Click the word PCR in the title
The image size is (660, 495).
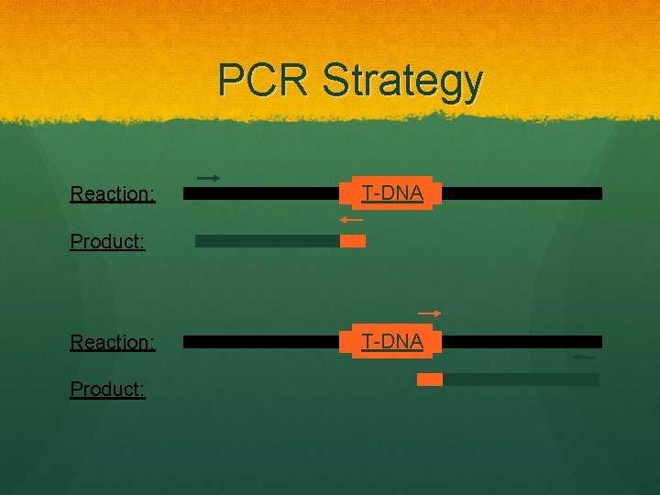click(264, 81)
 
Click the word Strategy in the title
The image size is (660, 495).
click(401, 82)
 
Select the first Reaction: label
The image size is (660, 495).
click(112, 194)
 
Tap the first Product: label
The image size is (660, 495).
click(108, 243)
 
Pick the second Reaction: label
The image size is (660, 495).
click(112, 343)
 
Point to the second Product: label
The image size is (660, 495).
click(108, 390)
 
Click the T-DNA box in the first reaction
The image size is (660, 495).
click(391, 193)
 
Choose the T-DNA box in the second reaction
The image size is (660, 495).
click(391, 342)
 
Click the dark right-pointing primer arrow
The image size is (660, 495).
click(208, 178)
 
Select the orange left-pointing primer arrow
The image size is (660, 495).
click(350, 220)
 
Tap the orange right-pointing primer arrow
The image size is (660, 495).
click(429, 313)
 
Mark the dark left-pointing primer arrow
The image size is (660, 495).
click(582, 357)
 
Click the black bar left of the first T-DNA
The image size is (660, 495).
click(266, 193)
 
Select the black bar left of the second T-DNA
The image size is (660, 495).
click(266, 342)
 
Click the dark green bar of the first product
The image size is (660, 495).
click(267, 241)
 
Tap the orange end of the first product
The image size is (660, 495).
click(353, 241)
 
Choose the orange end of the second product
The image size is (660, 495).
click(430, 379)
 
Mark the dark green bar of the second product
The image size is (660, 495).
click(521, 379)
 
